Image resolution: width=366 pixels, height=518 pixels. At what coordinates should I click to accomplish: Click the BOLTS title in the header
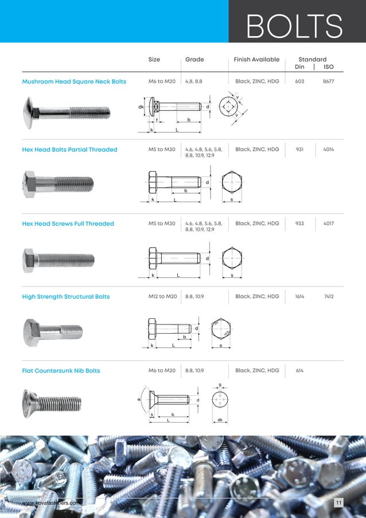tap(294, 26)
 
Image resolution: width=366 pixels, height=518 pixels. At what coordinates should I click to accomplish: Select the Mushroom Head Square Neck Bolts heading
tap(74, 82)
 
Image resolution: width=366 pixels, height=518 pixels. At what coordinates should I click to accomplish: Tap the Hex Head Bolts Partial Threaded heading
tap(69, 150)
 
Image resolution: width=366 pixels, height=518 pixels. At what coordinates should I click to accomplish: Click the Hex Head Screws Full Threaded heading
tap(68, 224)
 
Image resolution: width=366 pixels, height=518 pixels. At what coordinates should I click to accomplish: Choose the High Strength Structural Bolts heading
tap(65, 297)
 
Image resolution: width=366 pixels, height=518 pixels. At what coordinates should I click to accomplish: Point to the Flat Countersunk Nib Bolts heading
tap(61, 371)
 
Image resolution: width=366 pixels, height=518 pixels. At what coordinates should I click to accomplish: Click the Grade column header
tap(194, 60)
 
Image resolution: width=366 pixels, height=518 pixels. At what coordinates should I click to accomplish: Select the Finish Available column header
tap(256, 60)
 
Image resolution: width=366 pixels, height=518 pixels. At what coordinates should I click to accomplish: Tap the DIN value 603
tap(299, 82)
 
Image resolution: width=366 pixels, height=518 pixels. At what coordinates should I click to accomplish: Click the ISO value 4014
tap(328, 150)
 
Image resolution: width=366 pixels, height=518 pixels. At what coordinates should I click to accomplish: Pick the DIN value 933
tap(299, 224)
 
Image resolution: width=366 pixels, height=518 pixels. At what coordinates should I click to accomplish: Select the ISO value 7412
tap(329, 297)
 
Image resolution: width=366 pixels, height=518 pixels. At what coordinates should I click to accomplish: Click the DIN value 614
tap(299, 371)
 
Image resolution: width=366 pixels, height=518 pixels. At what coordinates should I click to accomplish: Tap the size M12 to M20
tap(162, 297)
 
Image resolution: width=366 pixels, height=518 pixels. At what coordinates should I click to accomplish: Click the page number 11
tap(338, 504)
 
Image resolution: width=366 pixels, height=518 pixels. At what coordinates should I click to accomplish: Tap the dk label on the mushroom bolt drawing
tap(141, 107)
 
